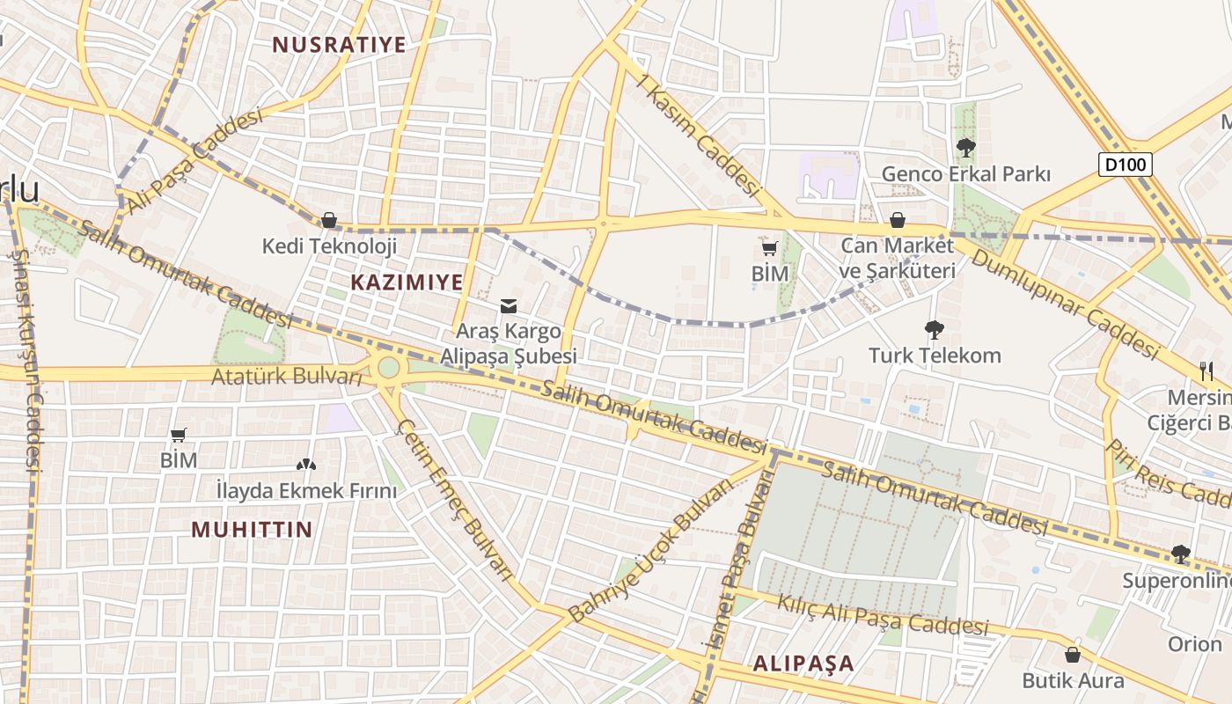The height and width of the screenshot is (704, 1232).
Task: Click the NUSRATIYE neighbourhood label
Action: point(339,45)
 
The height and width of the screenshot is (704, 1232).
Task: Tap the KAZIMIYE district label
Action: point(407,282)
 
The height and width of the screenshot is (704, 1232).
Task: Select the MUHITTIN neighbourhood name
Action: point(252,529)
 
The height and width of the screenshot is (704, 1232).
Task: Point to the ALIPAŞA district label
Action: point(803,664)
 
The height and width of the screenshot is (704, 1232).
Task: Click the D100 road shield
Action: point(1126,165)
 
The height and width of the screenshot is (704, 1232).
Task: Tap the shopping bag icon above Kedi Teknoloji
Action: point(329,220)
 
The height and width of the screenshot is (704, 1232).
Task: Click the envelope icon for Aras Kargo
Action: point(509,306)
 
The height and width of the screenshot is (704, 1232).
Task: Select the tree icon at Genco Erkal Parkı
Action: point(965,147)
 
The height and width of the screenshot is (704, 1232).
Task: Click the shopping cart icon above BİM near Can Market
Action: point(770,249)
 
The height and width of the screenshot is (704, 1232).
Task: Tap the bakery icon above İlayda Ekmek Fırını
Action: point(306,464)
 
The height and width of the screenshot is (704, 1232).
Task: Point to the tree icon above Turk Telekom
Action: point(935,330)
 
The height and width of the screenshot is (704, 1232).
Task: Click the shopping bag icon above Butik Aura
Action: point(1072,655)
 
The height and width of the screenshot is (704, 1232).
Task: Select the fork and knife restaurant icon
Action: point(1206,370)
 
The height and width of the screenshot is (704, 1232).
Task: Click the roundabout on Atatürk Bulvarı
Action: point(388,368)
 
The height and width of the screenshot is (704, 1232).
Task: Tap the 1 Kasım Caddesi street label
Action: point(700,136)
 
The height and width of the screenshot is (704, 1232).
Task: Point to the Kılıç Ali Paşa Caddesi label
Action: point(882,614)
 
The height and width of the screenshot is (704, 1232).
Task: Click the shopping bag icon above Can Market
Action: point(898,220)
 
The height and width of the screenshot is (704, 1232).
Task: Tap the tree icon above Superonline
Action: point(1180,554)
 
